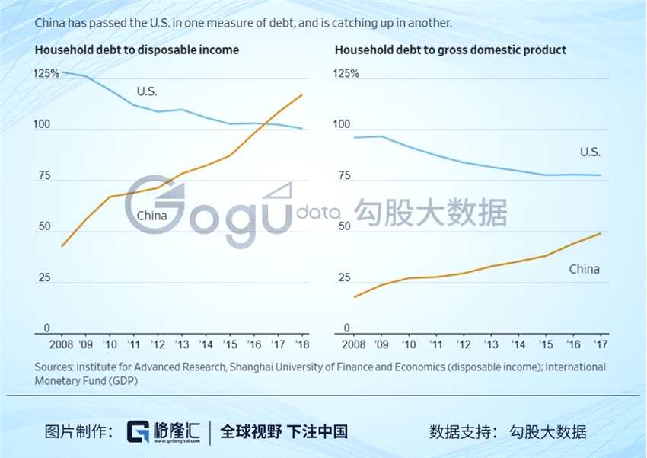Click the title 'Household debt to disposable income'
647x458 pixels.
point(137,50)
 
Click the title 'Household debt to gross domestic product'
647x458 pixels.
point(451,50)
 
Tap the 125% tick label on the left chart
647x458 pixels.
point(47,74)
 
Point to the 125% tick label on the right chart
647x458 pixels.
point(347,74)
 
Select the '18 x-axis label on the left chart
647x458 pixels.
point(302,343)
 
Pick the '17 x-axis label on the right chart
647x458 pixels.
point(600,343)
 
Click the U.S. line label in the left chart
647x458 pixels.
point(147,91)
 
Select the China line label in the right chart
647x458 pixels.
point(584,269)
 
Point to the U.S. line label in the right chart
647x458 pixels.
point(590,152)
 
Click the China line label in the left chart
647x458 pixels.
point(151,216)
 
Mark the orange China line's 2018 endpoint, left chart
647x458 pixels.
point(303,94)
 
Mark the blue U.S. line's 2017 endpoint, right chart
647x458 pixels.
point(601,175)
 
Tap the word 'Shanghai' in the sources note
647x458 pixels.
point(251,367)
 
